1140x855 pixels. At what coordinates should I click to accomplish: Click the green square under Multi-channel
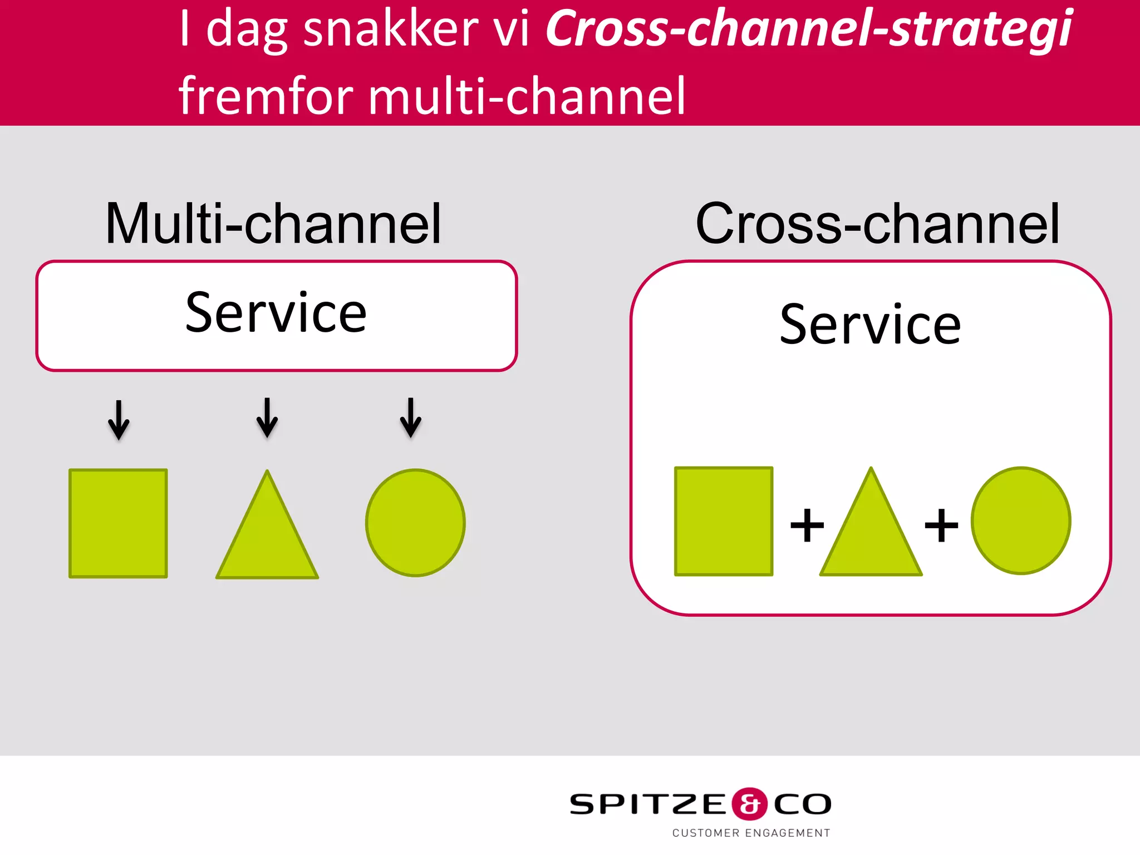118,523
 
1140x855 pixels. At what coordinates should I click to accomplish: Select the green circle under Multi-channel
415,523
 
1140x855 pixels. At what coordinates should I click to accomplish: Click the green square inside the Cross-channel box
724,521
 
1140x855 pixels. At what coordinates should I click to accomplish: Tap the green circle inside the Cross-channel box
1021,520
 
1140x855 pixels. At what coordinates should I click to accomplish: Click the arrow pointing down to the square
119,420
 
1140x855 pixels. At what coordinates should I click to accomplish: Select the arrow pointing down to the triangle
267,418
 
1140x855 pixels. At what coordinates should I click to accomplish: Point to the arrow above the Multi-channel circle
411,418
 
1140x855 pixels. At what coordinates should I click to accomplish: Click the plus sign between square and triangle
807,525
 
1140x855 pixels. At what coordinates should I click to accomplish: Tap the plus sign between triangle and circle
941,525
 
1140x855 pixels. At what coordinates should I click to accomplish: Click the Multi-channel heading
273,224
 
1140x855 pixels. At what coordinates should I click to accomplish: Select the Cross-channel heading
877,224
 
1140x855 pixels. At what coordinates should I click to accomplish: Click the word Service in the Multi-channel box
276,313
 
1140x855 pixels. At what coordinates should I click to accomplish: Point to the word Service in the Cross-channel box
870,325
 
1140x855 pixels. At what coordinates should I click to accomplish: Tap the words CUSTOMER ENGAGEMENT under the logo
751,833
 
